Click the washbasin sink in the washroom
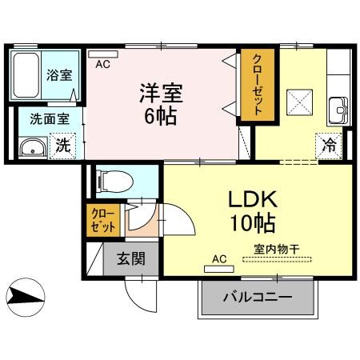33,146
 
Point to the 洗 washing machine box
62,147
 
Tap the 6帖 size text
161,116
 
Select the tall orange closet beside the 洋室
258,86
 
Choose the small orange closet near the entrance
102,220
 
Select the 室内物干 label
276,249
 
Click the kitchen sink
338,107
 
